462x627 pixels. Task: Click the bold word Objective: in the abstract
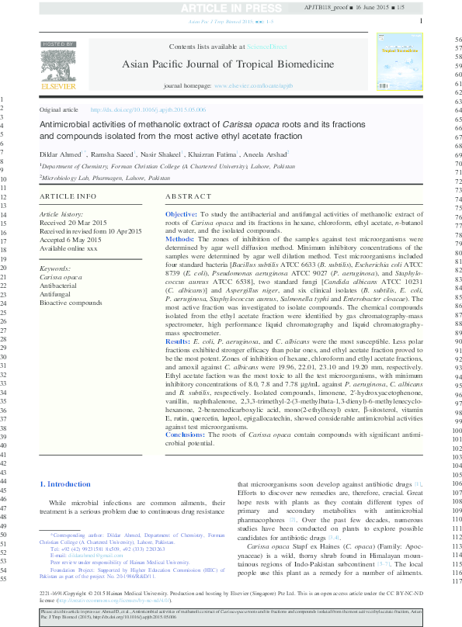click(182, 213)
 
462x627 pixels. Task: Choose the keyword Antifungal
click(55, 293)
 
